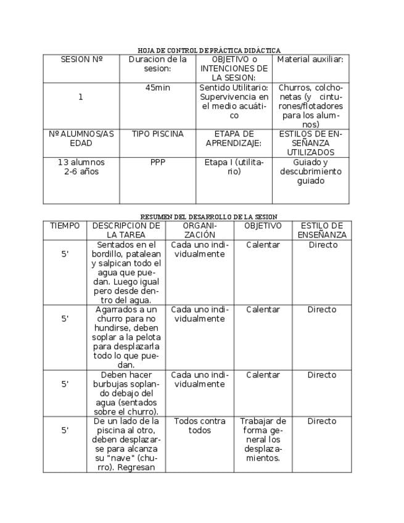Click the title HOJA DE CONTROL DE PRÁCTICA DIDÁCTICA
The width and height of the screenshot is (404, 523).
click(x=208, y=51)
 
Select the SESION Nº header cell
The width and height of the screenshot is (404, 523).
click(x=81, y=60)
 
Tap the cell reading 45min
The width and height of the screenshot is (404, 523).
click(x=157, y=88)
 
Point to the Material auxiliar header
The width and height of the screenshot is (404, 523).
click(x=310, y=60)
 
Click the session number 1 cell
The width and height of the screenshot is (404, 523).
click(x=81, y=97)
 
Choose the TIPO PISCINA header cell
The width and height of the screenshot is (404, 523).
click(x=157, y=134)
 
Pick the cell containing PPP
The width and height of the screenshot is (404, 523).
click(x=157, y=163)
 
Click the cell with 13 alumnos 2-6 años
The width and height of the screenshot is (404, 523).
click(x=81, y=167)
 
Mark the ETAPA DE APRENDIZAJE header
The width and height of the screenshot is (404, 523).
click(x=234, y=139)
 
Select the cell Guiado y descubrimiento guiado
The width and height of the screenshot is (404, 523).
click(x=310, y=172)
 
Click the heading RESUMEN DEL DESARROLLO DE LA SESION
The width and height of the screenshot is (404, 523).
click(x=208, y=217)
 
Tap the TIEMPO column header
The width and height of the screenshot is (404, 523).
click(x=65, y=226)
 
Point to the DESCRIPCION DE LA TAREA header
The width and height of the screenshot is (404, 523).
click(x=126, y=231)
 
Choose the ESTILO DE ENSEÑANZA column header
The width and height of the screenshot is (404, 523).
click(x=322, y=231)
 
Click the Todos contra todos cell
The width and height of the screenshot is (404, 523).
click(x=199, y=426)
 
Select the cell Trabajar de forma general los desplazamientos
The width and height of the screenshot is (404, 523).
click(x=263, y=440)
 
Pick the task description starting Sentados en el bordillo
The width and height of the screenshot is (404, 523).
click(x=126, y=273)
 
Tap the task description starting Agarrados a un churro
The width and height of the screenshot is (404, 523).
click(x=126, y=337)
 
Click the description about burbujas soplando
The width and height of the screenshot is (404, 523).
click(x=126, y=393)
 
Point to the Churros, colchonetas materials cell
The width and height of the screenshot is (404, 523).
click(x=310, y=106)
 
